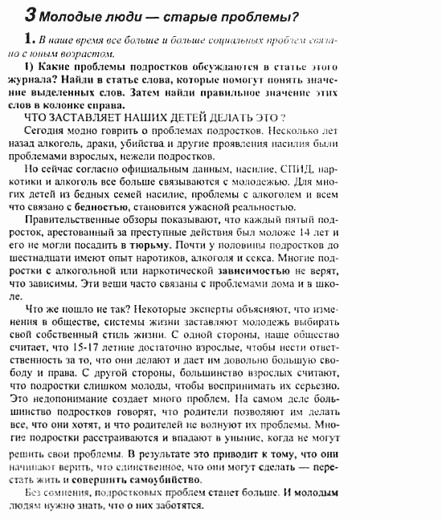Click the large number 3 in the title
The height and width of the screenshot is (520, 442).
pos(30,14)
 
